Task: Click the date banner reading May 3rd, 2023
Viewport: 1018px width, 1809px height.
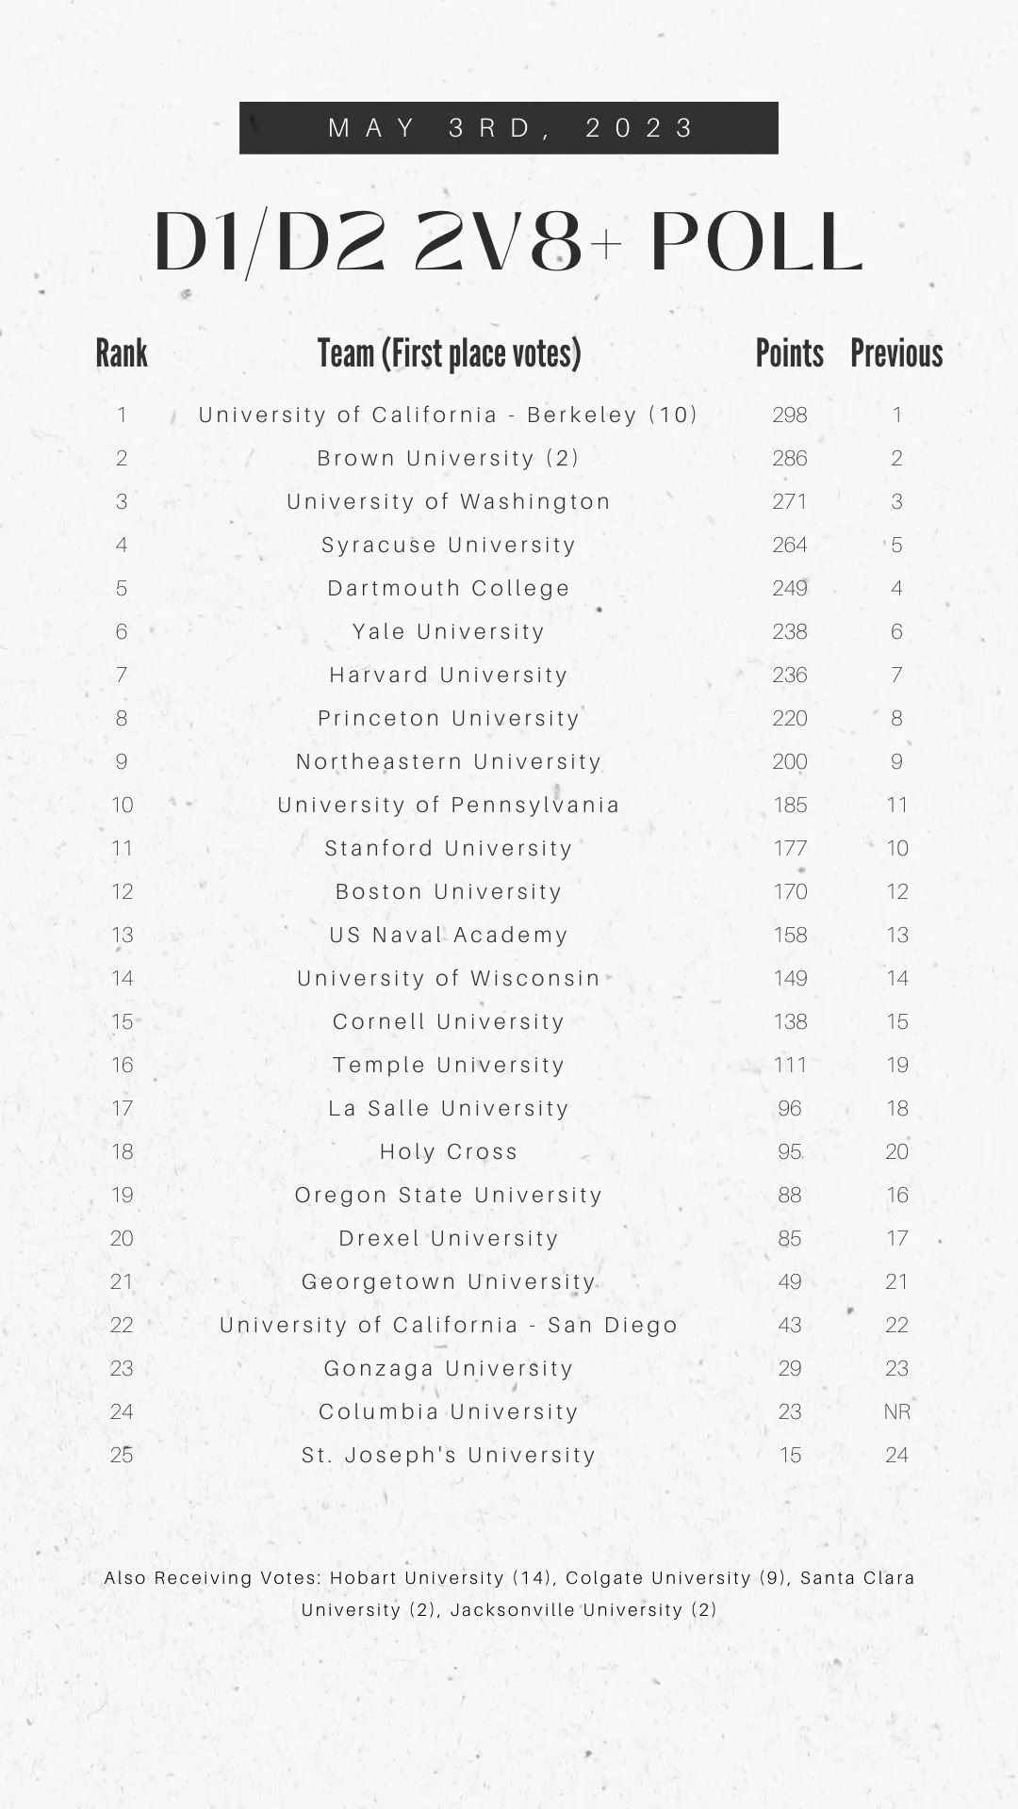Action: point(509,127)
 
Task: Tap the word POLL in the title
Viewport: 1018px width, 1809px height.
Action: point(756,243)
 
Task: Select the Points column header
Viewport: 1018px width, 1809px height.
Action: point(789,353)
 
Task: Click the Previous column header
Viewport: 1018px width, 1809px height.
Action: point(896,353)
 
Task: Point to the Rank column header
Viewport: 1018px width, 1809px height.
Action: point(122,353)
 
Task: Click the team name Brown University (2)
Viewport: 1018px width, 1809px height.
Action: point(449,458)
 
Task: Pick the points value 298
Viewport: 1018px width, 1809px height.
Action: point(789,415)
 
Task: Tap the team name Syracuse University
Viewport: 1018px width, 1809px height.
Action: point(449,545)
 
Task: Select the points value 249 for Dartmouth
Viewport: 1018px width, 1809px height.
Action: point(789,588)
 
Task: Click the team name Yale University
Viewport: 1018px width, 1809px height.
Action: point(449,631)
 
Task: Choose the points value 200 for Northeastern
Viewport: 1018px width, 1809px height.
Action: point(789,761)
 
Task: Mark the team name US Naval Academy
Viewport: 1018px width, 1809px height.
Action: point(449,935)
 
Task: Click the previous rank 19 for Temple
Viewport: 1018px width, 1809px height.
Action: point(896,1065)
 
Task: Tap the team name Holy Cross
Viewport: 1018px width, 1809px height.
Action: point(449,1151)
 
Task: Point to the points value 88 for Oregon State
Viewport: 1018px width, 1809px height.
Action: point(789,1195)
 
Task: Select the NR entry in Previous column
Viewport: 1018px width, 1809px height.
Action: point(896,1411)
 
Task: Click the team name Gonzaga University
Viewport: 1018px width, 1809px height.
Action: point(449,1368)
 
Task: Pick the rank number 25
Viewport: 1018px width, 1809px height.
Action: point(122,1455)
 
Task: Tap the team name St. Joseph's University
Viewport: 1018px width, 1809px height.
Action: point(449,1455)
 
